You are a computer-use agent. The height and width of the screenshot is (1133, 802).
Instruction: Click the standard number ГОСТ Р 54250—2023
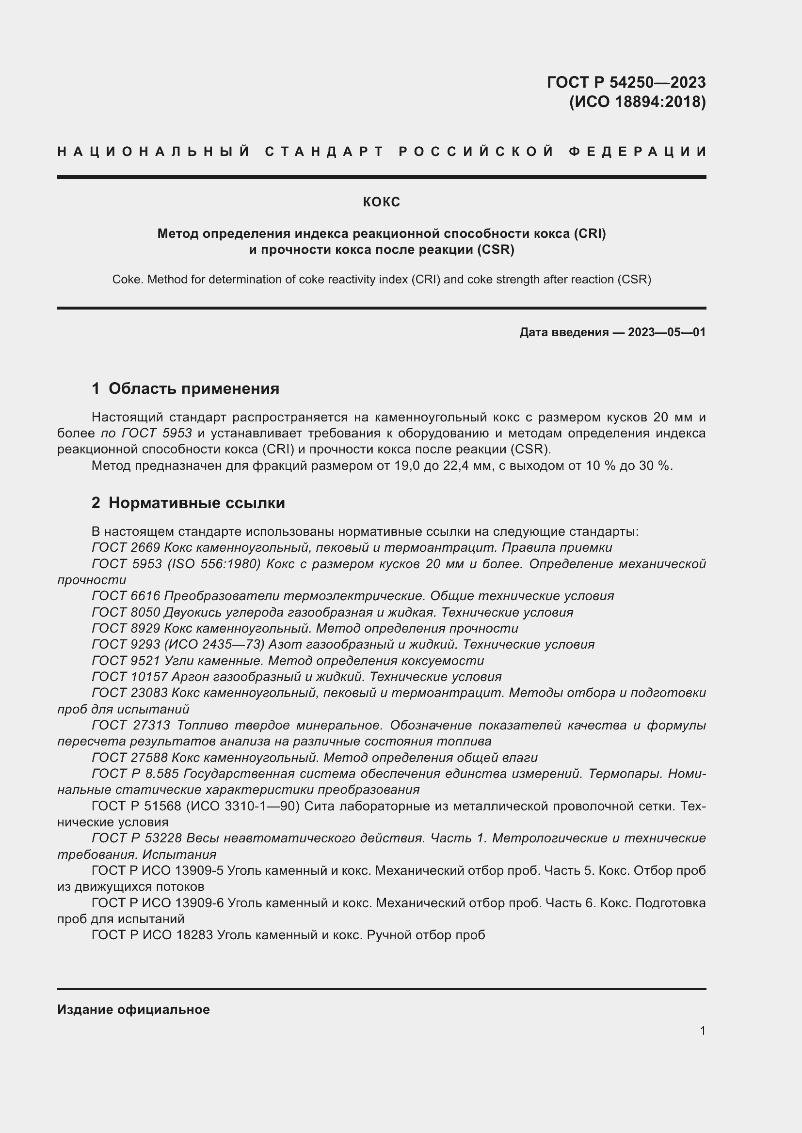point(626,82)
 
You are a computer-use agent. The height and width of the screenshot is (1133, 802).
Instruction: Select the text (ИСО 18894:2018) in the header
point(637,102)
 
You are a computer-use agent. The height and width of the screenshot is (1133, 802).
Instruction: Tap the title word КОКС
point(381,202)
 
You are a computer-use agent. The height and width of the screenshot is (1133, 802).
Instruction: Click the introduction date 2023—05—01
point(667,332)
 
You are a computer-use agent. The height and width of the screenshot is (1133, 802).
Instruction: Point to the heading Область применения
point(193,388)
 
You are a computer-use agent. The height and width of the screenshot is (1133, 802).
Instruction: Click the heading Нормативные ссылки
point(196,503)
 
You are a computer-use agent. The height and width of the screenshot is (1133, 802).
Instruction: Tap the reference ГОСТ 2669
point(126,547)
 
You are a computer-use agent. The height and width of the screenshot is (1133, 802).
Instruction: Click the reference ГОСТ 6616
point(126,596)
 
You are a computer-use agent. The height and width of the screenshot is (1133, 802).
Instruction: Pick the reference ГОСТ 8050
point(126,612)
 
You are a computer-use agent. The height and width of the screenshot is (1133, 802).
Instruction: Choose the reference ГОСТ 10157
point(129,677)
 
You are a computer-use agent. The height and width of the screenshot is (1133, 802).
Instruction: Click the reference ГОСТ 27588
point(129,758)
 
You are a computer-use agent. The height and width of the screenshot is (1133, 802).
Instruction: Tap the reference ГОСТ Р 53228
point(137,838)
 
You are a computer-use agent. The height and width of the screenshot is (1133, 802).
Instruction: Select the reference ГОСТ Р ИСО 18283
point(152,934)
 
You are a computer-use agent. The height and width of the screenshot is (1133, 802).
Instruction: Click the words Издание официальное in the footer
point(133,1009)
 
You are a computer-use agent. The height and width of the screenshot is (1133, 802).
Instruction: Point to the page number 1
point(702,1030)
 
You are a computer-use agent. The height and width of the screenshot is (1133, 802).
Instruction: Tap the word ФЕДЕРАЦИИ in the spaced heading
point(638,152)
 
